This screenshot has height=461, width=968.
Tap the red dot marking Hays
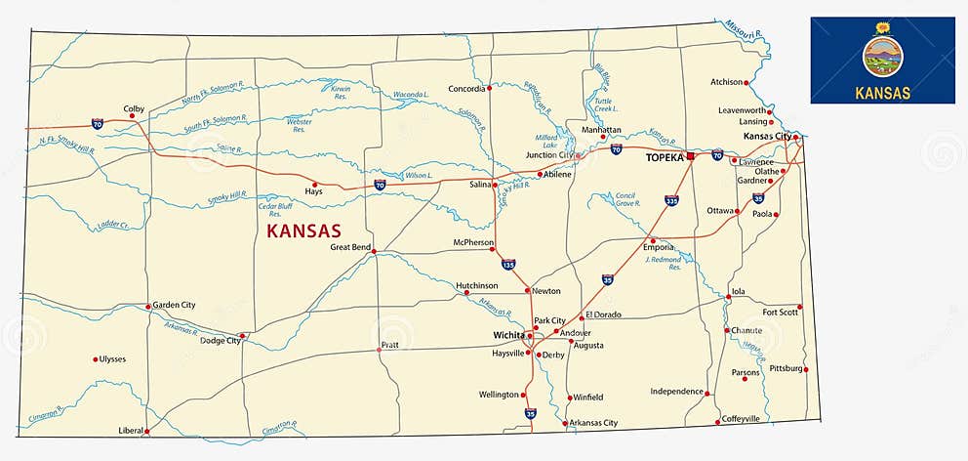tap(314, 184)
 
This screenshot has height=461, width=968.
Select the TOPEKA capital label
tap(665, 156)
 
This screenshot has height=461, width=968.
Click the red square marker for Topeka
tap(690, 156)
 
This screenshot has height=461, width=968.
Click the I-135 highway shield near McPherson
tap(508, 264)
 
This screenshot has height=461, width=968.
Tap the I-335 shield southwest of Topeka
tap(671, 200)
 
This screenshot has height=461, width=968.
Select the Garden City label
tap(174, 305)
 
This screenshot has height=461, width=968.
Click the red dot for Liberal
tap(147, 430)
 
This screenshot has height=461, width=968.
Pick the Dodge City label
tap(220, 341)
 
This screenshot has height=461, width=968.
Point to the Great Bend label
tap(350, 247)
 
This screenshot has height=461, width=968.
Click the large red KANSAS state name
tap(303, 231)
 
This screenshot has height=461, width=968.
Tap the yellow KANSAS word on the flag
tap(882, 93)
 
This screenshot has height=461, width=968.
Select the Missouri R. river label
tap(745, 29)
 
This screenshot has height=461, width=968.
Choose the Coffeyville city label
tap(741, 419)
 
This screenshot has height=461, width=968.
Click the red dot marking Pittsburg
tap(806, 369)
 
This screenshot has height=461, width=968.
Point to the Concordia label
tap(466, 89)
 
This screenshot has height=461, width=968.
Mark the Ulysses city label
tap(112, 359)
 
